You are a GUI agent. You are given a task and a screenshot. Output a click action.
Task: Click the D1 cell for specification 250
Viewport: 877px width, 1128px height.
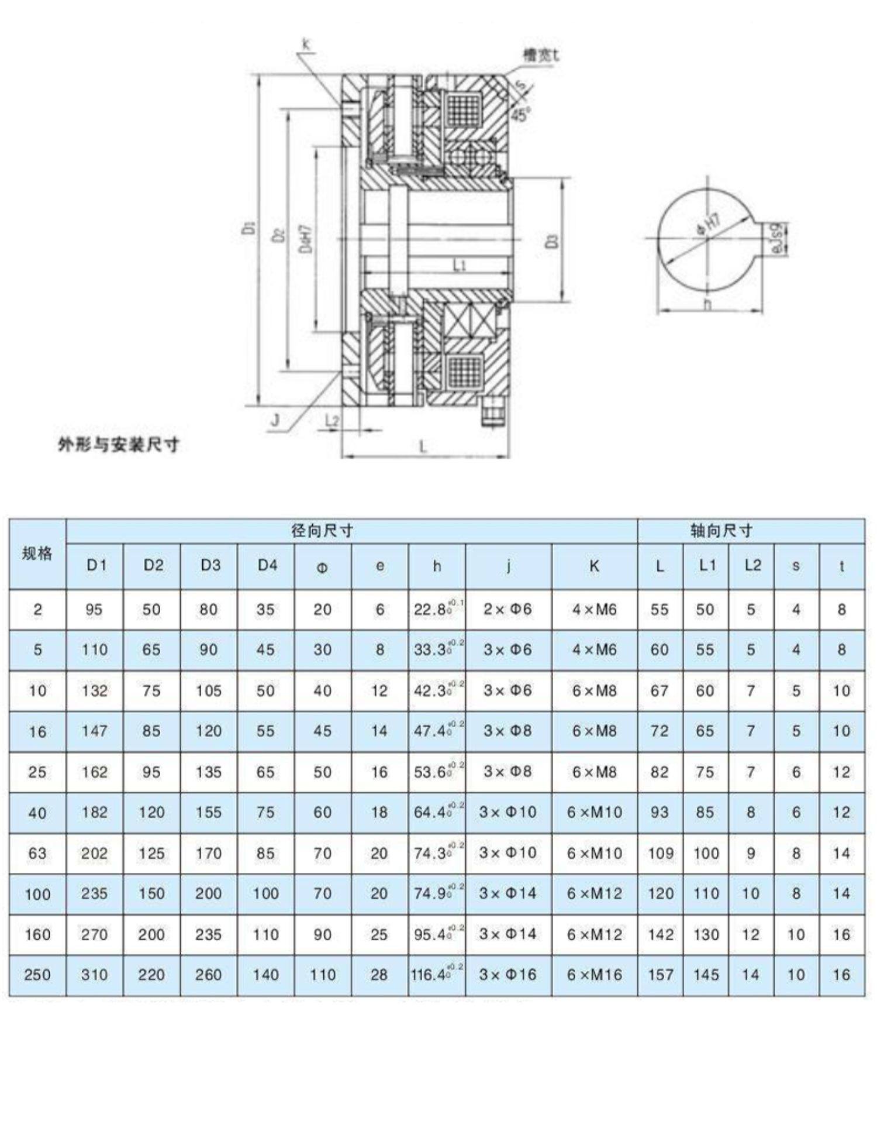pyautogui.click(x=94, y=975)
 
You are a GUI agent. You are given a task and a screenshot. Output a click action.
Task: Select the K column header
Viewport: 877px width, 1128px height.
pyautogui.click(x=594, y=566)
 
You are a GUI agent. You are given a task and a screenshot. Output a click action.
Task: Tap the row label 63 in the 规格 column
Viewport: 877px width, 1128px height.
pyautogui.click(x=37, y=853)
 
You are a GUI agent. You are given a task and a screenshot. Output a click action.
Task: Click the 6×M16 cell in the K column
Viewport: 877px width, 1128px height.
pyautogui.click(x=594, y=975)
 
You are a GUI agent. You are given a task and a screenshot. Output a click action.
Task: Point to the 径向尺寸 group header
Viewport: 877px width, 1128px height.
pyautogui.click(x=322, y=531)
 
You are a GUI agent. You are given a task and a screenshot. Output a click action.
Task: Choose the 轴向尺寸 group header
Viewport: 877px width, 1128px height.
pyautogui.click(x=721, y=531)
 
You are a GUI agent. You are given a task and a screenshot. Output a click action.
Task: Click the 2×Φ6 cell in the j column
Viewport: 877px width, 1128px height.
pyautogui.click(x=507, y=609)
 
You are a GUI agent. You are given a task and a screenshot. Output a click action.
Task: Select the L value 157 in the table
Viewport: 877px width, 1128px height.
pyautogui.click(x=660, y=975)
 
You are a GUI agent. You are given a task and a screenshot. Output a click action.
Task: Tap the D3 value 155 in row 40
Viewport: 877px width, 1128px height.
pyautogui.click(x=208, y=812)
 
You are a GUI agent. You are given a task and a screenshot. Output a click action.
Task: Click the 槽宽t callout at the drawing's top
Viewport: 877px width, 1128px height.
pyautogui.click(x=540, y=56)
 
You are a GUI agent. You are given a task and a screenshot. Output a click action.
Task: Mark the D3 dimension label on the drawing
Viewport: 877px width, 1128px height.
pyautogui.click(x=553, y=240)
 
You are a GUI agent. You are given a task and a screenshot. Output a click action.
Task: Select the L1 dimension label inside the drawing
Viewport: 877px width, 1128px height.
pyautogui.click(x=460, y=266)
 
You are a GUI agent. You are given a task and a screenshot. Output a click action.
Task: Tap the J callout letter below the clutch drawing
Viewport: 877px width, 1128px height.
pyautogui.click(x=275, y=421)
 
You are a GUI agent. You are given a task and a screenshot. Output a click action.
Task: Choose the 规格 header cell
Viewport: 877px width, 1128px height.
pyautogui.click(x=37, y=553)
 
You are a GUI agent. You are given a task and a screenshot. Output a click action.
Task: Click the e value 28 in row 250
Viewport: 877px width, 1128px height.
pyautogui.click(x=379, y=975)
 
